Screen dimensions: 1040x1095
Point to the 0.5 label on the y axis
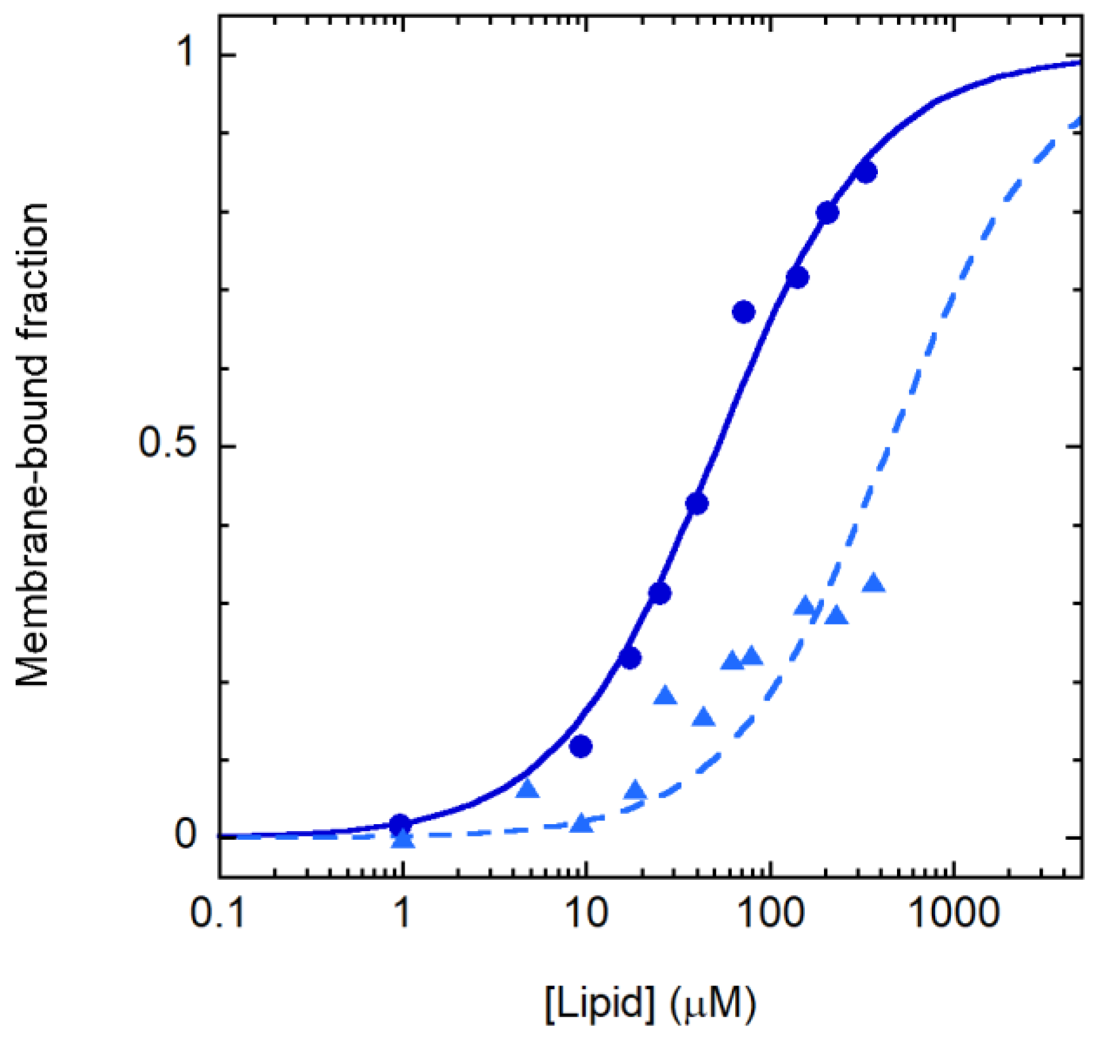point(168,445)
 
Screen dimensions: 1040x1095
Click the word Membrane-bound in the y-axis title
point(32,509)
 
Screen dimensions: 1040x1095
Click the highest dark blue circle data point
point(866,172)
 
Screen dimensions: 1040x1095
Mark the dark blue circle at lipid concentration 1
point(400,823)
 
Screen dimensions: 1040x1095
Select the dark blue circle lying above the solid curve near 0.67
point(744,312)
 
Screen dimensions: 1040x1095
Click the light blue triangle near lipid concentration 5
point(527,788)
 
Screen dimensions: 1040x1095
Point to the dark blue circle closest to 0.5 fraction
point(697,504)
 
